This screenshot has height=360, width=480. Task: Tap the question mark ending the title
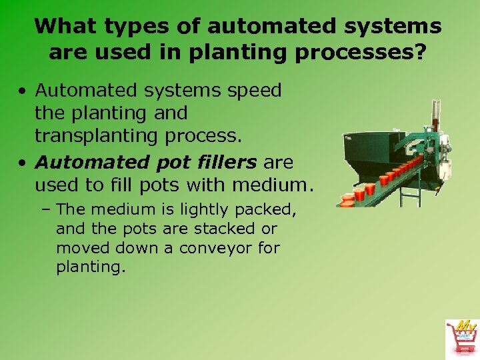419,52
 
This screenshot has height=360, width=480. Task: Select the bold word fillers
224,162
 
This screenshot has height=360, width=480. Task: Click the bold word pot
171,163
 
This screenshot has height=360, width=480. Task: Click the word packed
271,210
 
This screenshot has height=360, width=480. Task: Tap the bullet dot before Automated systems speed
22,91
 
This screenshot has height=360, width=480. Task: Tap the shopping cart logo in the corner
461,337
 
